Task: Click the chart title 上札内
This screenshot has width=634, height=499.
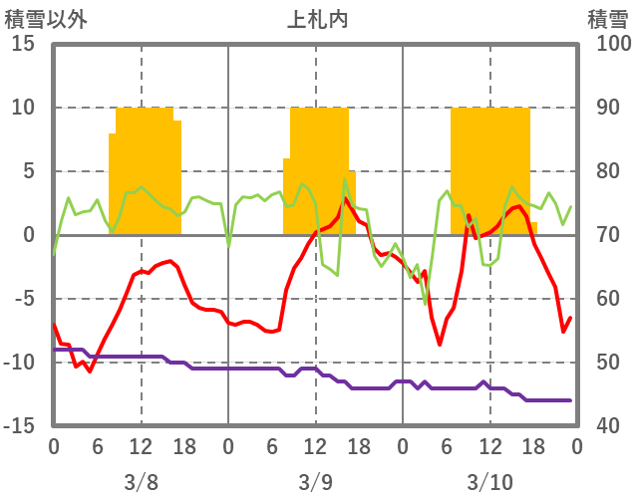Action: [317, 19]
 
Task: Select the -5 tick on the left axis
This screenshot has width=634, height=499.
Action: [24, 299]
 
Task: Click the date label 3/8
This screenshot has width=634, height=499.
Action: [141, 482]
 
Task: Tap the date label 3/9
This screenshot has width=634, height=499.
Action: [315, 482]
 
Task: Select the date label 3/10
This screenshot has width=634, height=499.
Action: [489, 482]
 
